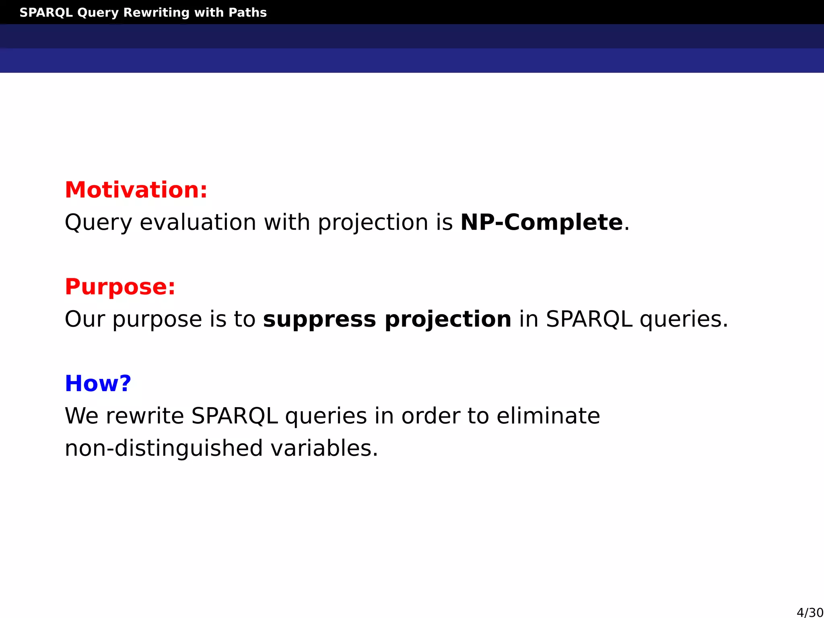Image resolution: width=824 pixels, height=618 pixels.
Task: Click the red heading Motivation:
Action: click(136, 190)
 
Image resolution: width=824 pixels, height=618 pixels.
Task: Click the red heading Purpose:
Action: click(120, 287)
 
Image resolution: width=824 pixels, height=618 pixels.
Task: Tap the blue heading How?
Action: click(98, 383)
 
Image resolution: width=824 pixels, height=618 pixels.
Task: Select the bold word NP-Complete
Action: click(542, 222)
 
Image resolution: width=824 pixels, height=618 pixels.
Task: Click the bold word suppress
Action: click(319, 319)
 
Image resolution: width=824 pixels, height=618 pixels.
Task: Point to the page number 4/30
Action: click(810, 612)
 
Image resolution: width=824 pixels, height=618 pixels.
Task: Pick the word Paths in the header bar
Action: click(247, 12)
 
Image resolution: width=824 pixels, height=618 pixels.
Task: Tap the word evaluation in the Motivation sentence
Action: click(198, 222)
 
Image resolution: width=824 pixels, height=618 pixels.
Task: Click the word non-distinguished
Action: click(164, 448)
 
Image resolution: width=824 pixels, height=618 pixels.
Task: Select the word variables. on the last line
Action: click(324, 448)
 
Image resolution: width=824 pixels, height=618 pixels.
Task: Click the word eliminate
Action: click(548, 416)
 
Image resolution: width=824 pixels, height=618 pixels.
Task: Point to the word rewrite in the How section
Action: click(145, 416)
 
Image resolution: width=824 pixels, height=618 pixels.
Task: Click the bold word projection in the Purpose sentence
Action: click(448, 319)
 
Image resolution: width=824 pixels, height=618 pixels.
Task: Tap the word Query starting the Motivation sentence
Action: click(98, 222)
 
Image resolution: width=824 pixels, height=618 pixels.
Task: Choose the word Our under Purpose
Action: click(84, 319)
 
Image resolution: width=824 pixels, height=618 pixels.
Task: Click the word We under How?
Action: click(81, 416)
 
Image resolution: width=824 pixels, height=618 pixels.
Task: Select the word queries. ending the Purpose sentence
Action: click(684, 319)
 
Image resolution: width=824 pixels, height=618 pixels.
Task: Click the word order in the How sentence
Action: click(430, 416)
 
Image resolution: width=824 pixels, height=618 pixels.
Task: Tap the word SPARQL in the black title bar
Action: click(46, 12)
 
